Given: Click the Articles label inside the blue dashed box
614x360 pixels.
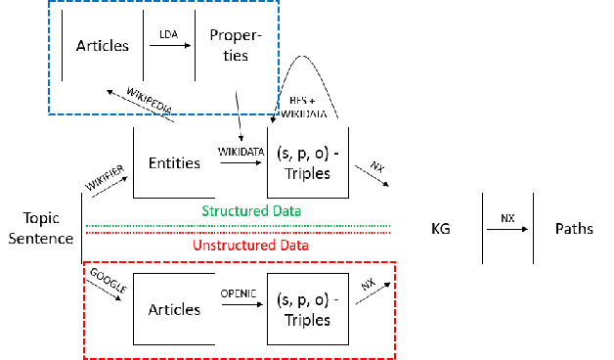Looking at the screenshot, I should [102, 46].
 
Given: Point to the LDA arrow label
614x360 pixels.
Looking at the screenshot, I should [168, 34].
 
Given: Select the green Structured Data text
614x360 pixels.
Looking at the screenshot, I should [250, 211].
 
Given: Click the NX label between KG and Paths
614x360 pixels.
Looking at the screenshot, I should [507, 216].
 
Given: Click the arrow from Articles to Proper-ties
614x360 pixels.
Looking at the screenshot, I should [168, 47].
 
